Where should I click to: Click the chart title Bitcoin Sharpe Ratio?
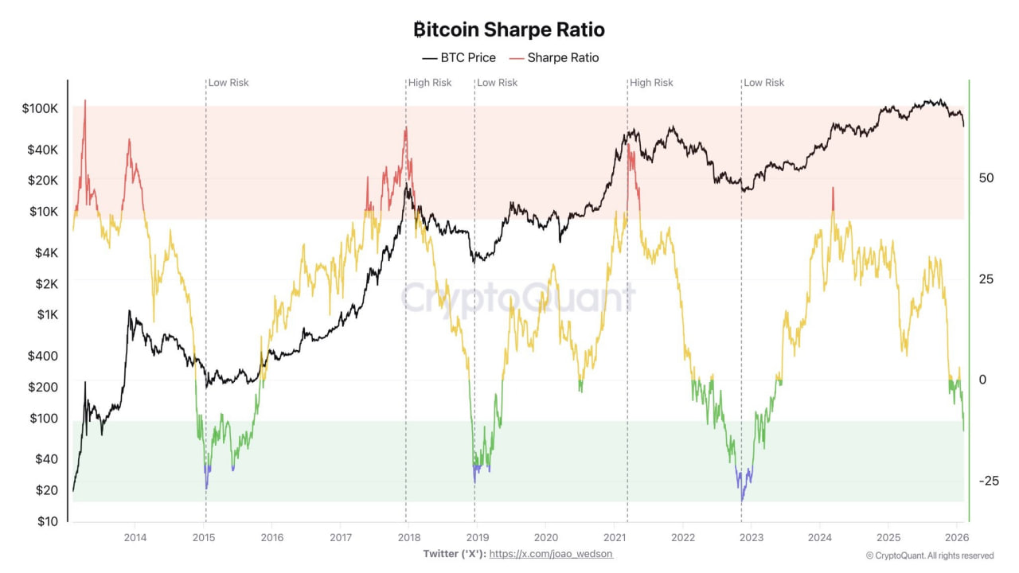point(509,30)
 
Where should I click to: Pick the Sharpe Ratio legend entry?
point(554,58)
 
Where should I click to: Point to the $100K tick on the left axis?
point(40,108)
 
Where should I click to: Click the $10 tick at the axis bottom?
point(47,521)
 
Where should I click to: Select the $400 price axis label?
point(43,356)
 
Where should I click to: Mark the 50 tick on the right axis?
point(986,177)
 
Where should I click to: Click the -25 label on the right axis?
point(988,481)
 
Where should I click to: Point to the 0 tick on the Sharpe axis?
point(983,380)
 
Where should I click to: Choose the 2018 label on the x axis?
point(408,537)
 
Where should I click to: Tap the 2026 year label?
point(956,537)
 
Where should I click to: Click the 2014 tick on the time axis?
point(135,537)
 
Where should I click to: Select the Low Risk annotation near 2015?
point(228,83)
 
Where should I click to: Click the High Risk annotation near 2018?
point(430,83)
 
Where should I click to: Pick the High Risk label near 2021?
point(651,83)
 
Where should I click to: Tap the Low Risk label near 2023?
point(763,83)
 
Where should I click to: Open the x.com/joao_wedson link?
point(551,553)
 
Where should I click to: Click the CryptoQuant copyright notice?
point(930,555)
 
